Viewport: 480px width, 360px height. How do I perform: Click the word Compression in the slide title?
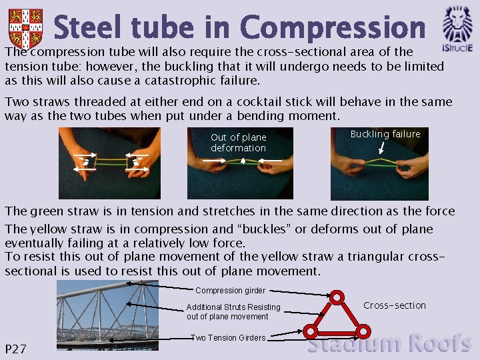click(x=332, y=28)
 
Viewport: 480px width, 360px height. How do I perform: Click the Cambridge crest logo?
click(x=25, y=28)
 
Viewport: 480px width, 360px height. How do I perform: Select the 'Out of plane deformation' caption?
click(x=238, y=143)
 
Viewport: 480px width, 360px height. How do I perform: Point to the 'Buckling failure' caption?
click(x=385, y=134)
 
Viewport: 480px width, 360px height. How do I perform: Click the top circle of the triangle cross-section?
click(x=337, y=297)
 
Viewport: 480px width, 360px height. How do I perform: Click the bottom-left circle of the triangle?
click(x=310, y=330)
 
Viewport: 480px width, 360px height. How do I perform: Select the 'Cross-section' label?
click(x=395, y=305)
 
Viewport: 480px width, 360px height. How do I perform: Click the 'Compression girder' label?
click(x=230, y=291)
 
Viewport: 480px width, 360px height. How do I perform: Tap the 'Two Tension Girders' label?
click(x=228, y=338)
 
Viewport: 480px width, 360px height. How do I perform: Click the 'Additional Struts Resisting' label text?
click(x=233, y=307)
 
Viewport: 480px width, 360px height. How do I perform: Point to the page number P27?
click(x=15, y=349)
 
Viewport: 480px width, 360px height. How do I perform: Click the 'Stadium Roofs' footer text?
click(x=389, y=344)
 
